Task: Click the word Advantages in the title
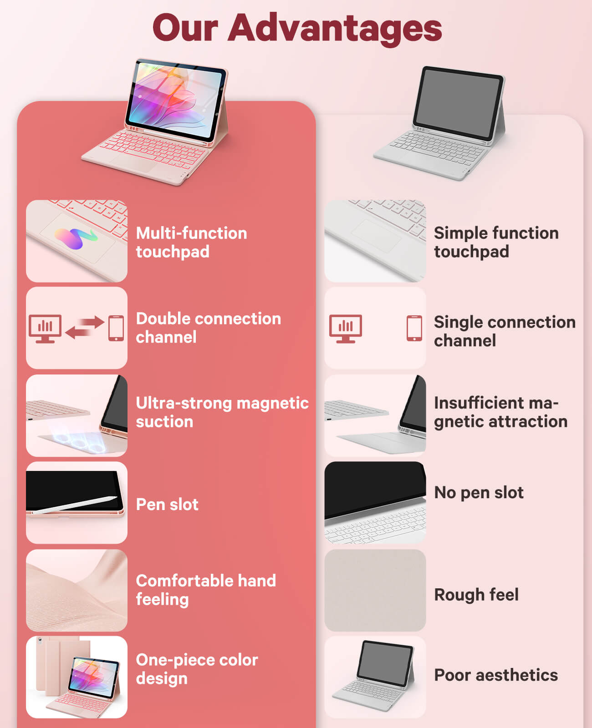335,30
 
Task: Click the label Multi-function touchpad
192,243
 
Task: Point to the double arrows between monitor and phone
84,327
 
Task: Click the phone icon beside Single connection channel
414,328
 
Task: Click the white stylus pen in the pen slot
75,505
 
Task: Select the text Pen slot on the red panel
167,505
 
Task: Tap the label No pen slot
479,493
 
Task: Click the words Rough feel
476,595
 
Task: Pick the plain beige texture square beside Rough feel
375,590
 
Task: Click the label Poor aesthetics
496,675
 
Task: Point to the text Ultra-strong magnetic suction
222,412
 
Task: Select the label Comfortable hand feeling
206,590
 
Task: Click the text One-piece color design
197,669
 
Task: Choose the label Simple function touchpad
496,243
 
